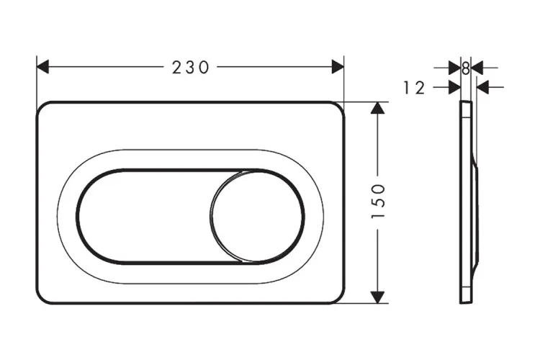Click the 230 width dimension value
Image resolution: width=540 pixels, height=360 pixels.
190,67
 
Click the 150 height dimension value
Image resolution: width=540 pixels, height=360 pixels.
379,202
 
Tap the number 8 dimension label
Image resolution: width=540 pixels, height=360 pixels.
466,68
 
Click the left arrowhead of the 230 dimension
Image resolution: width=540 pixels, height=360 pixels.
42,67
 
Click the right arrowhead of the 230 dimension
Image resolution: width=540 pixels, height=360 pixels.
338,67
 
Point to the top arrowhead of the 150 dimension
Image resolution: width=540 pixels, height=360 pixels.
379,108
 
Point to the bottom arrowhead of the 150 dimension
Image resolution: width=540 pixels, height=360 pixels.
379,296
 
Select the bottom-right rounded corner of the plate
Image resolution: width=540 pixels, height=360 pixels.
338,297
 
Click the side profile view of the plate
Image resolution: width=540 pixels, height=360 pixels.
468,202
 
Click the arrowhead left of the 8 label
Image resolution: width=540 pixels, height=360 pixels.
454,68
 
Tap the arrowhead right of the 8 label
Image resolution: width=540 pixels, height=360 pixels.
477,68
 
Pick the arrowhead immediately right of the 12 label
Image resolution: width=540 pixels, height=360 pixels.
454,87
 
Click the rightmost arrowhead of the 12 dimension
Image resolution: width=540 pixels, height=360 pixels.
483,87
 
